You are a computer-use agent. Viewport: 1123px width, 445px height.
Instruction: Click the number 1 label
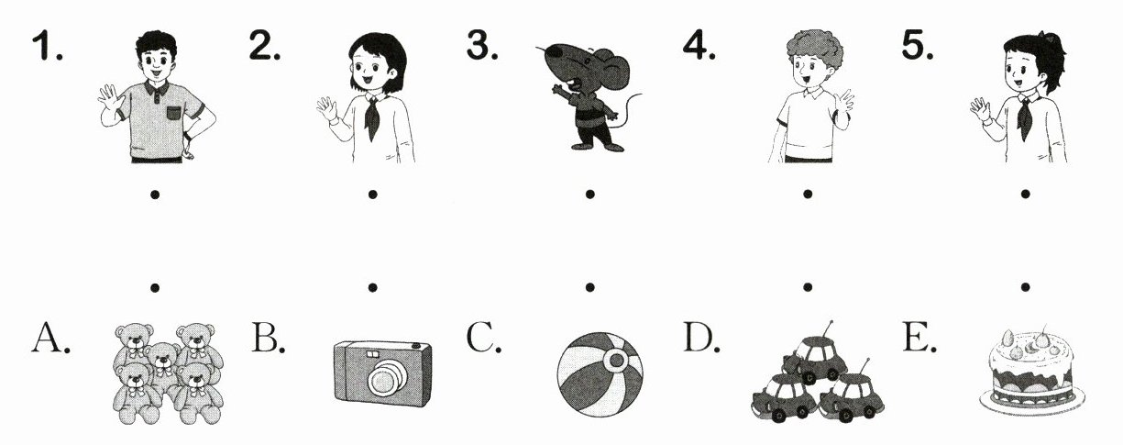coord(48,46)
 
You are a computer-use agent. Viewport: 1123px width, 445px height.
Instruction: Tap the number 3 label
coord(482,46)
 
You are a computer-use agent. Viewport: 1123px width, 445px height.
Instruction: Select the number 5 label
coord(917,46)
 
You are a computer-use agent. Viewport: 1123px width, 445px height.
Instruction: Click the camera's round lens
coord(385,378)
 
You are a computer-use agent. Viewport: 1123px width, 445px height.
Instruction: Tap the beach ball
coord(600,374)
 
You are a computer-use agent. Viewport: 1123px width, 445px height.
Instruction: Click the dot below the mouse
coord(590,195)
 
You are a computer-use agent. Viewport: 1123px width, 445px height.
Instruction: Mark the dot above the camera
coord(372,287)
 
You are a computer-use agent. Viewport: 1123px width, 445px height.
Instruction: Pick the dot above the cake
coord(1025,287)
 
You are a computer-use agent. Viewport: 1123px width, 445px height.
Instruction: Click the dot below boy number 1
coord(155,195)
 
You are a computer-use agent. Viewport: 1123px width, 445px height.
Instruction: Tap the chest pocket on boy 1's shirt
coord(173,113)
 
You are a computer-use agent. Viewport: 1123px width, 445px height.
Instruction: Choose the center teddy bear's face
coord(162,357)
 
